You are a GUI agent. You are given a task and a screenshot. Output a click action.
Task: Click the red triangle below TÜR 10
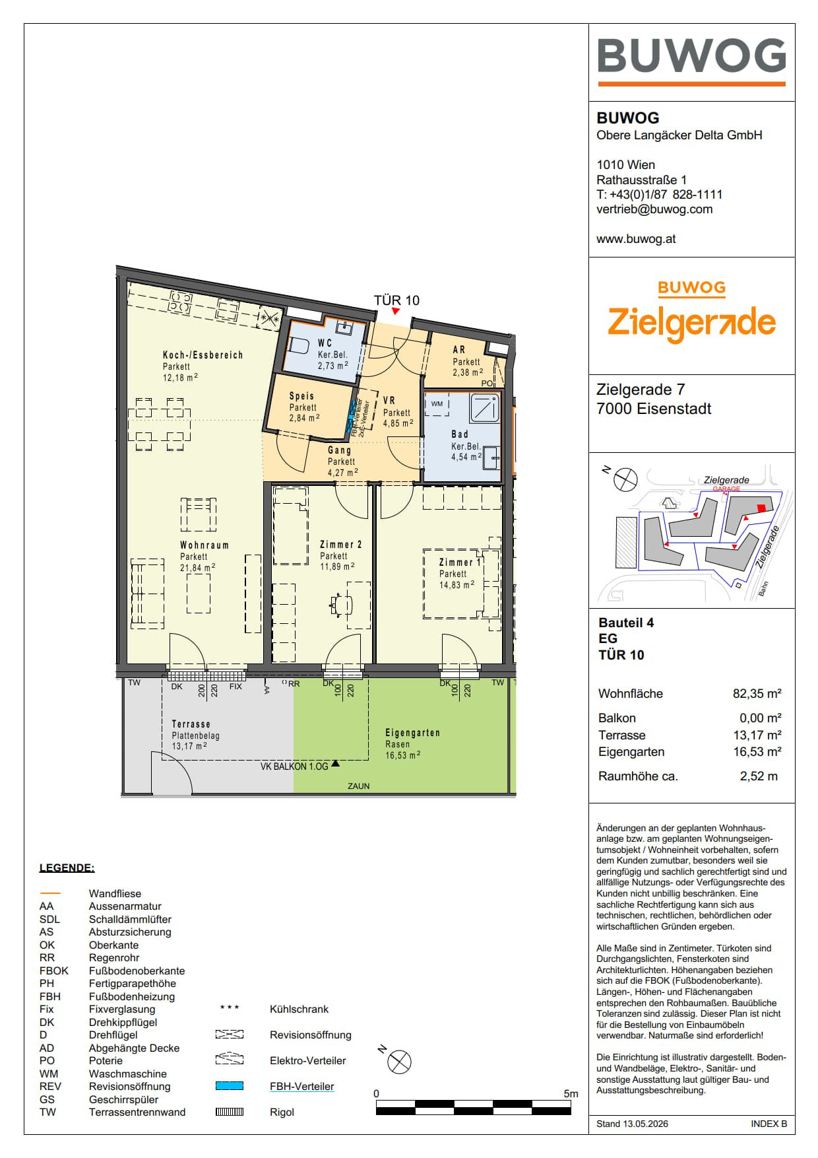click(396, 311)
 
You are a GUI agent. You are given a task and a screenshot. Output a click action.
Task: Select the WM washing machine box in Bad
click(437, 404)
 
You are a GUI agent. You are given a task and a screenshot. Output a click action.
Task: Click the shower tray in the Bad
click(485, 408)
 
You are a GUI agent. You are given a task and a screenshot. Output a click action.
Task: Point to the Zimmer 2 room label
click(340, 545)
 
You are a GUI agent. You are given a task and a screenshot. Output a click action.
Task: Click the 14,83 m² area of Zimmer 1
click(456, 585)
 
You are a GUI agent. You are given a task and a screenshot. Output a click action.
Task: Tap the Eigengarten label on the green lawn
click(412, 733)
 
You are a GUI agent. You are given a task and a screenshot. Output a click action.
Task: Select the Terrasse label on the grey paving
click(191, 724)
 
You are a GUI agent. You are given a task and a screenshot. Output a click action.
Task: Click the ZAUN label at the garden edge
click(359, 786)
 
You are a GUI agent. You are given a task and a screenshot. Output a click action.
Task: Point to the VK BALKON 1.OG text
click(294, 766)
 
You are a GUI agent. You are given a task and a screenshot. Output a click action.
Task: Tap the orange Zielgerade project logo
click(691, 314)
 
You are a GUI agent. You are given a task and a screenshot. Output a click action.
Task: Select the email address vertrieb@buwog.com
click(654, 209)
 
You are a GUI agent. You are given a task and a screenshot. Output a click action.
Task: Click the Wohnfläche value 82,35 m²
click(757, 693)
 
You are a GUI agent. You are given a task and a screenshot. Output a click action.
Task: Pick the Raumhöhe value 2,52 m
click(759, 776)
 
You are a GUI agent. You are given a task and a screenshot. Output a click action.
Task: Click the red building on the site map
click(761, 508)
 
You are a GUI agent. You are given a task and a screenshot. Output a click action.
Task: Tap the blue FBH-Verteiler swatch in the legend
click(230, 1086)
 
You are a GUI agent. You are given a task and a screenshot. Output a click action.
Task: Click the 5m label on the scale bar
click(571, 1093)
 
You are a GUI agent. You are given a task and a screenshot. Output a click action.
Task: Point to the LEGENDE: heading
click(67, 868)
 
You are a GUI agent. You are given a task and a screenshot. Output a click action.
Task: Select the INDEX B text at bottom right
click(769, 1124)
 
